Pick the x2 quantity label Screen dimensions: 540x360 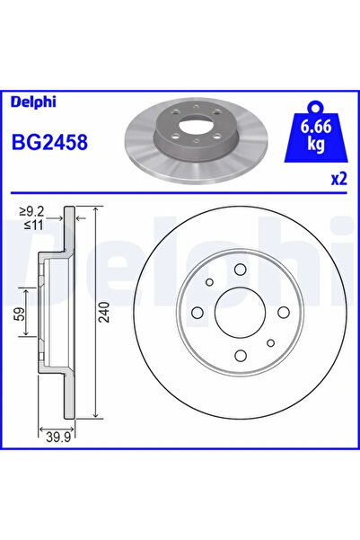[x=338, y=179]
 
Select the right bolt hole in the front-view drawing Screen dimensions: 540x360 [x=281, y=312]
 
